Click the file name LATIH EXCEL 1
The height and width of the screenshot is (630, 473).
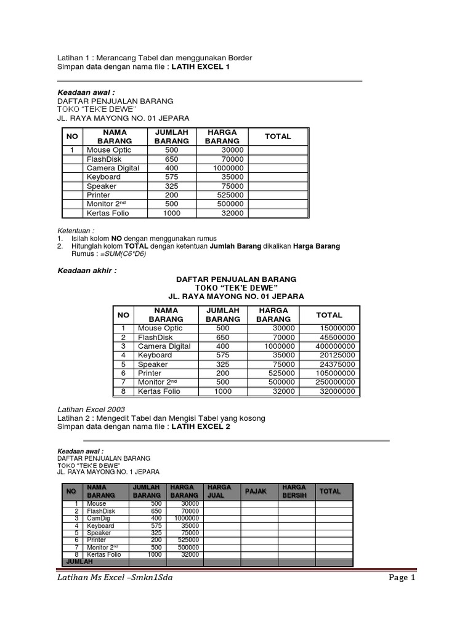(x=200, y=66)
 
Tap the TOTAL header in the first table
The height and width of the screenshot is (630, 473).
(x=277, y=136)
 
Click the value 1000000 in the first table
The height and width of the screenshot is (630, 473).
(x=228, y=168)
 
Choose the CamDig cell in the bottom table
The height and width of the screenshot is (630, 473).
(x=97, y=519)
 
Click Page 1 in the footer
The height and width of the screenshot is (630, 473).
(x=402, y=578)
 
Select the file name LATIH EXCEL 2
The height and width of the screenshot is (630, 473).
(x=200, y=426)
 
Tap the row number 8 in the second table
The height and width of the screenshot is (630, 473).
(x=123, y=391)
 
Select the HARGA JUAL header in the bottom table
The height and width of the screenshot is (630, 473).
(x=220, y=491)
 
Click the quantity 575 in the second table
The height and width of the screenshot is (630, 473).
(x=222, y=356)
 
